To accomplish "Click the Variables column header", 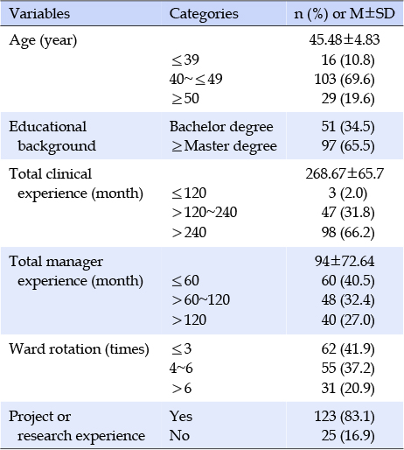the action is [39, 14].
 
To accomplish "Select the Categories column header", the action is [204, 14].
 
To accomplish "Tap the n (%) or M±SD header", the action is [345, 14].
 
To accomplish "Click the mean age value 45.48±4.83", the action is [345, 39].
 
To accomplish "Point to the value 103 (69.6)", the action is [345, 80].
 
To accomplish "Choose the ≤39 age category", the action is [185, 60].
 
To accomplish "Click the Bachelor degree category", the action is [221, 127].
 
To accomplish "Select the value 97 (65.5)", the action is [348, 146].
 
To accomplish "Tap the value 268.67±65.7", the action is [345, 174].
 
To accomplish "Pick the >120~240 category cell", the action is [204, 213].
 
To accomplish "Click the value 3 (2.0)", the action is [347, 193].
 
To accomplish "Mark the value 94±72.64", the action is [345, 261].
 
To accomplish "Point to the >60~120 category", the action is [200, 300].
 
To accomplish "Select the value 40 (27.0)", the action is [348, 320].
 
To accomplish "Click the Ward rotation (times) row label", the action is [79, 349].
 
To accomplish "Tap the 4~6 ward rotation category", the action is [181, 369].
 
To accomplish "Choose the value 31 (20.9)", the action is [348, 389].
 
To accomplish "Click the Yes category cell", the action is [181, 417].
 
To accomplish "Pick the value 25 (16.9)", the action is [348, 436].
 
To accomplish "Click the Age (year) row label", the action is [43, 40].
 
